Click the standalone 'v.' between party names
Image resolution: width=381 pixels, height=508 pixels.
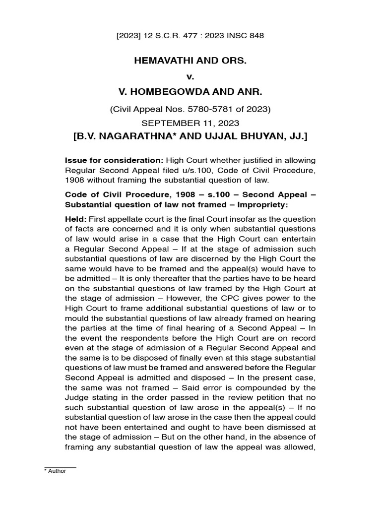pyautogui.click(x=190, y=77)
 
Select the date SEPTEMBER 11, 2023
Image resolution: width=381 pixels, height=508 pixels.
pyautogui.click(x=190, y=123)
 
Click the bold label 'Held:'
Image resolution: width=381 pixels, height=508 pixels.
pyautogui.click(x=76, y=219)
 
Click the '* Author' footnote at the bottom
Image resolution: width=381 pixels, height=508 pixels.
pyautogui.click(x=55, y=471)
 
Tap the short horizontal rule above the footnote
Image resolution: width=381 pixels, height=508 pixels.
pyautogui.click(x=60, y=467)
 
